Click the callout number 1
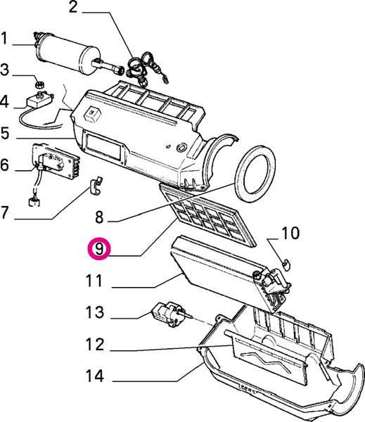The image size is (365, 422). (4, 38)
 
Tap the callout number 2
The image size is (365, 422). (73, 7)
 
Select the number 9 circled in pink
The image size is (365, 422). (99, 249)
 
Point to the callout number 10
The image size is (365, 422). (290, 233)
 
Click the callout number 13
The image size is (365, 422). (95, 312)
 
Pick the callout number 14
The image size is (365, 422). (95, 376)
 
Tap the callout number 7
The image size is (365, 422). (5, 212)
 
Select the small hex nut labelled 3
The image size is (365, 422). (39, 85)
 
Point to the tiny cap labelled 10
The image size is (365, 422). (286, 264)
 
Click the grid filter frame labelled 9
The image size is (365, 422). (207, 215)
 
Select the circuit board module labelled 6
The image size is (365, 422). (55, 161)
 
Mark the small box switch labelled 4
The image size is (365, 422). (39, 100)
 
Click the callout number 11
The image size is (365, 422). (94, 281)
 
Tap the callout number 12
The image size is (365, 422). (95, 344)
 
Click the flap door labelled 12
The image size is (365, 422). (267, 356)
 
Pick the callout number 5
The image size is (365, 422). (5, 133)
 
